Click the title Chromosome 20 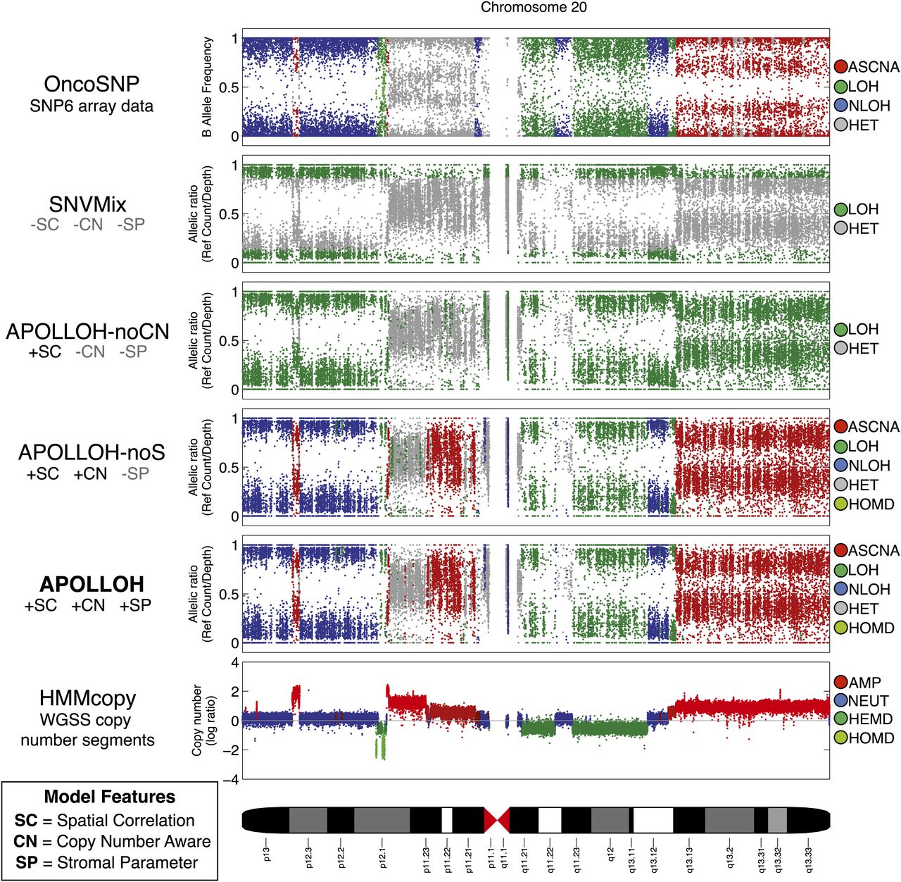pos(534,8)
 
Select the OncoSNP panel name pos(92,85)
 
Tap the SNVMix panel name pos(88,205)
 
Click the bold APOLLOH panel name pos(92,584)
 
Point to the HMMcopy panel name pos(88,699)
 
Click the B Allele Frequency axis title pos(207,87)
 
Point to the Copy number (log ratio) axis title pos(202,720)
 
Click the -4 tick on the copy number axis pos(234,780)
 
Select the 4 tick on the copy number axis pos(235,663)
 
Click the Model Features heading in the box pos(109,797)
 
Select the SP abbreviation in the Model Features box pos(26,862)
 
